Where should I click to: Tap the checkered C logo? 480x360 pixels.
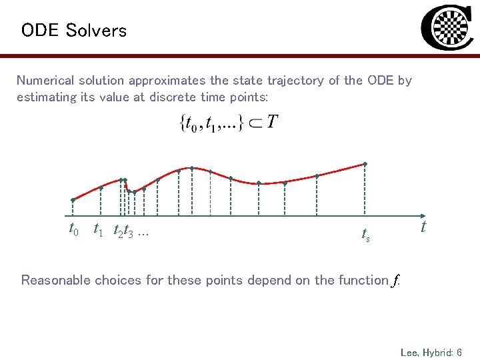click(448, 29)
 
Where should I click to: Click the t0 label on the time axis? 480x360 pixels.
click(74, 230)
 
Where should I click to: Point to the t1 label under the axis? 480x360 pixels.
click(97, 230)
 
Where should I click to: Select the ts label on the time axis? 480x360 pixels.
click(365, 234)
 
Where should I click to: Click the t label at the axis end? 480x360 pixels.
click(423, 228)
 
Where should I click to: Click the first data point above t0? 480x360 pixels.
click(73, 199)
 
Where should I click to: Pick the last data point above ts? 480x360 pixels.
click(365, 164)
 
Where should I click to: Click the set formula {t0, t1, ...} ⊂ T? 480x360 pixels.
click(229, 123)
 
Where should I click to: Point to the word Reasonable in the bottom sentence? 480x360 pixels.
click(55, 280)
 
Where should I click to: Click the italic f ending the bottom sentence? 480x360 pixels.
click(395, 281)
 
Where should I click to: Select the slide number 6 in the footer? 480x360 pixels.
click(460, 351)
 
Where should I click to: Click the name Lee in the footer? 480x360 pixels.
click(409, 351)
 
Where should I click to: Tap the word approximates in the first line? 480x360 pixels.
click(167, 81)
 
